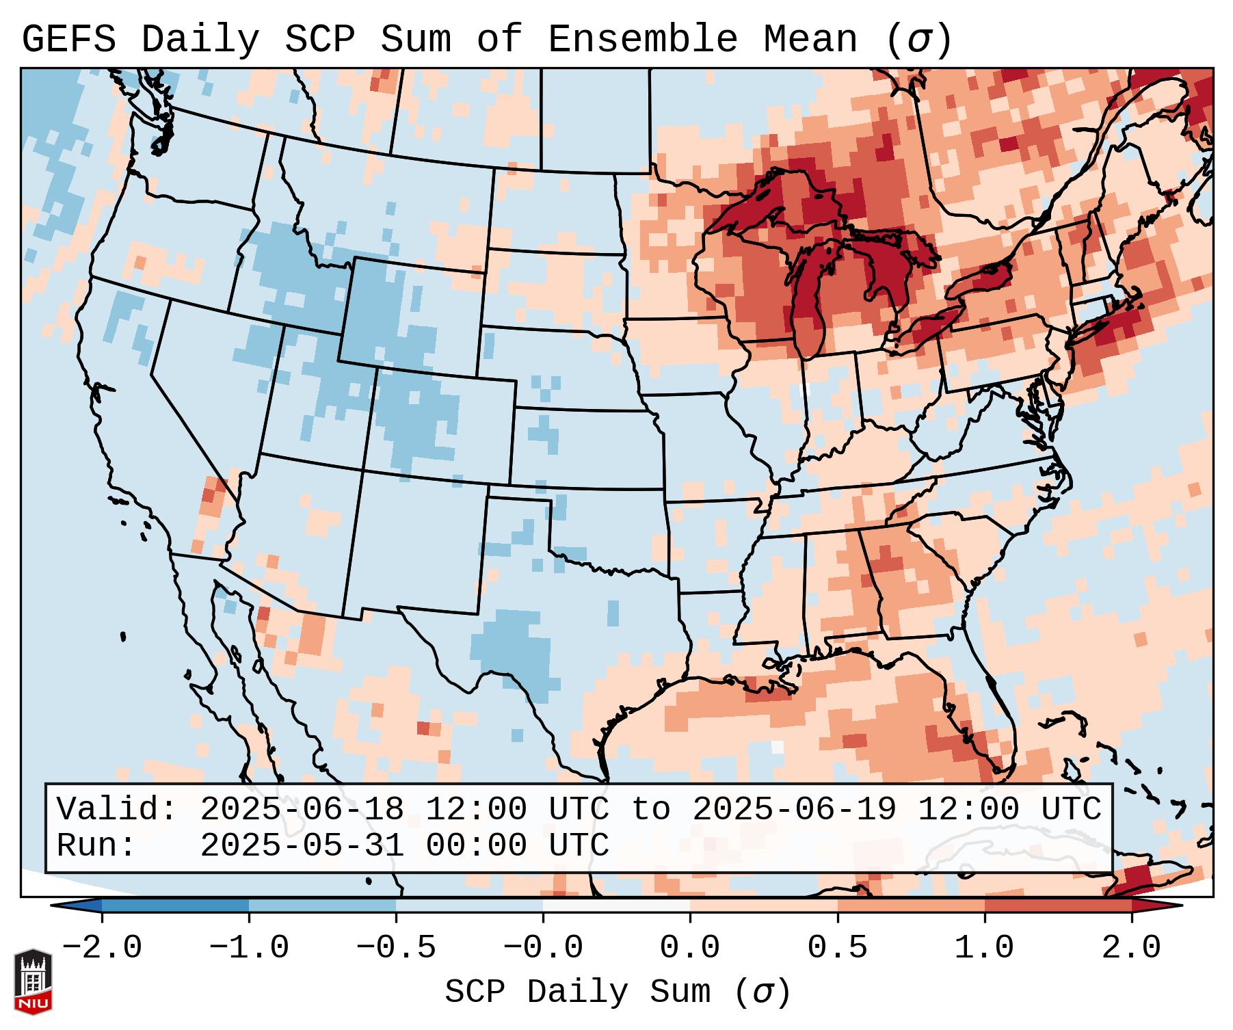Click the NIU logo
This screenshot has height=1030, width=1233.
[33, 981]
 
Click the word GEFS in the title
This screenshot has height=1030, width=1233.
[68, 40]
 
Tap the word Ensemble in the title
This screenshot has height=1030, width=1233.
[642, 40]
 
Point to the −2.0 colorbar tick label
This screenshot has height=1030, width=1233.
[102, 949]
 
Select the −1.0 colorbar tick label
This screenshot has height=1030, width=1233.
[249, 949]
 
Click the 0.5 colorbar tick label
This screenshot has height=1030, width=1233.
[838, 949]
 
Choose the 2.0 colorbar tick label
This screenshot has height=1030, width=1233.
[1132, 949]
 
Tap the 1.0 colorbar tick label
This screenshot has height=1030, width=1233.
[985, 949]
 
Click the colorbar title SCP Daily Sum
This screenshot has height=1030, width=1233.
[577, 992]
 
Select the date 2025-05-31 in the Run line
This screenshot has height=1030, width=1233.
[302, 845]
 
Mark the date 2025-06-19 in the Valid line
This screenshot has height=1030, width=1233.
[795, 809]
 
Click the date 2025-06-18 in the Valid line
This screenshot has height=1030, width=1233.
[302, 809]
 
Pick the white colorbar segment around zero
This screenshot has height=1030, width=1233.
[616, 906]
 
